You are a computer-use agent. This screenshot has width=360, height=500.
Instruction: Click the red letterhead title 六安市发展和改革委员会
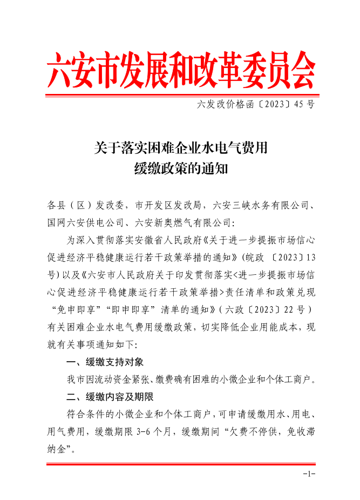180,70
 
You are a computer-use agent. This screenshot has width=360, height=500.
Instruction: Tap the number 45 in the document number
299,105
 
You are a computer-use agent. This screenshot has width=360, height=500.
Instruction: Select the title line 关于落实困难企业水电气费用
180,147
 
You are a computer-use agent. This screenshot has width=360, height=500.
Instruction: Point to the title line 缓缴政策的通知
180,168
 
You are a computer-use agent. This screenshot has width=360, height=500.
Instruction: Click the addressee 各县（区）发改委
86,206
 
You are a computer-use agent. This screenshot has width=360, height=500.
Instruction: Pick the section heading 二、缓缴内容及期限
110,397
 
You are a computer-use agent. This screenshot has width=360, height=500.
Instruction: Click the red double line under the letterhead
180,96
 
